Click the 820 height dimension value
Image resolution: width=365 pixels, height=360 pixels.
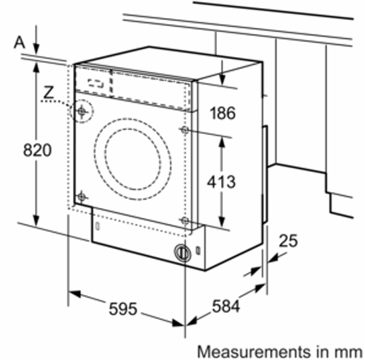37,150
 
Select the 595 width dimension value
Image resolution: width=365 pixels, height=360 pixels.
123,309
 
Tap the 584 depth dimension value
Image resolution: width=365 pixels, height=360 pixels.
226,306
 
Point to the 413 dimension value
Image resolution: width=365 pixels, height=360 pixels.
222,181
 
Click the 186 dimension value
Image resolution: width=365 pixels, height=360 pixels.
223,113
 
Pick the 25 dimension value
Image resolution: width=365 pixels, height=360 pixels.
288,240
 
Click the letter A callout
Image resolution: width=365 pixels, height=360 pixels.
19,43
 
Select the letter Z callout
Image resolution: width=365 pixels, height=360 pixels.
48,92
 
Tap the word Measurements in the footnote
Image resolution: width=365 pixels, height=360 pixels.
254,351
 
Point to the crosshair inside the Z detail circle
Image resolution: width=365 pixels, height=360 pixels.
82,112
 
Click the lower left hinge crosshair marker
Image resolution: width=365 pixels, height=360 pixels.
81,197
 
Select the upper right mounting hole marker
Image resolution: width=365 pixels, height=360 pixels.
184,130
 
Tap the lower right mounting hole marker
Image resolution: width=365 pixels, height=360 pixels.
185,221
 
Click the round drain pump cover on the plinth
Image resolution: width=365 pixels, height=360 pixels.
183,252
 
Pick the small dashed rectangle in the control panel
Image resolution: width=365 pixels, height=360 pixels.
96,83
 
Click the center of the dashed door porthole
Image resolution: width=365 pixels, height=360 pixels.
133,159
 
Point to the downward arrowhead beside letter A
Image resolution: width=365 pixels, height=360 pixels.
36,48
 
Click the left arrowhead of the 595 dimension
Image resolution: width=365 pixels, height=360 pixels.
75,294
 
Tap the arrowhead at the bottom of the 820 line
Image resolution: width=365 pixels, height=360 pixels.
36,221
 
